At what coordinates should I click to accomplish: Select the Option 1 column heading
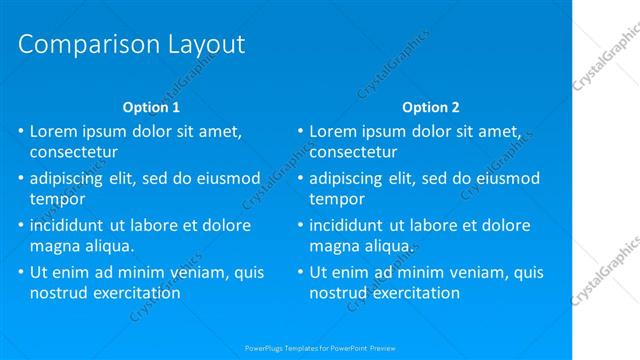(151, 106)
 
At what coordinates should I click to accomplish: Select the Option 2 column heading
(431, 106)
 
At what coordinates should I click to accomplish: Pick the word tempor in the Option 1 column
(57, 199)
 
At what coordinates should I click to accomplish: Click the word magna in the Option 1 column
(56, 246)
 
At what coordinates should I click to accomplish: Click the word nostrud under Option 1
(60, 293)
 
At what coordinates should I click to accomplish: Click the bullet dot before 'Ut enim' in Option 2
(300, 272)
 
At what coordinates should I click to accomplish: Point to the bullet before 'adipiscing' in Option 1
(21, 179)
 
